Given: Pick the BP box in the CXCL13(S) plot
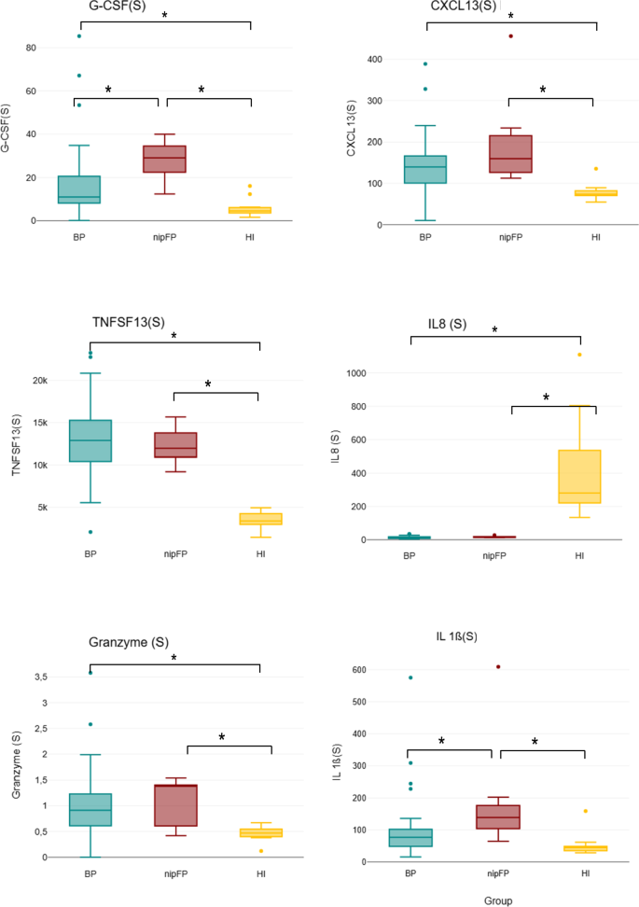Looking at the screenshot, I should [424, 169].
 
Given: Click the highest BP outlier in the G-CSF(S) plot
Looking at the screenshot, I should [79, 36].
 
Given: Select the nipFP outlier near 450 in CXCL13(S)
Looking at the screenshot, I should [510, 36].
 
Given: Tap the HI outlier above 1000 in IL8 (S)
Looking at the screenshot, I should [579, 355].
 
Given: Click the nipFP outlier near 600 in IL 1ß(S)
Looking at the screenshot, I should [498, 667].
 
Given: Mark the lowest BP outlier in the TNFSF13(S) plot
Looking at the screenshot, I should [90, 532].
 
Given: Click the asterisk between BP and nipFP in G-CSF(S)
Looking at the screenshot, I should [108, 90].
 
